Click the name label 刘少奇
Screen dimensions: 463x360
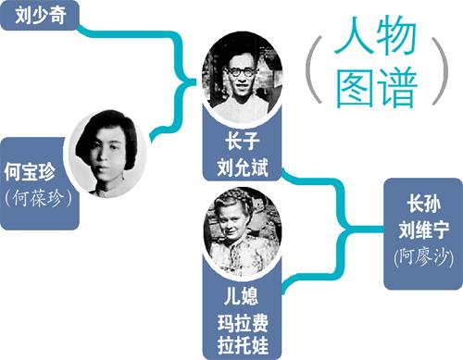41,15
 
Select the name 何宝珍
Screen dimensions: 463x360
30,171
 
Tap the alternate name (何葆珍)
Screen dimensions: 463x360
39,197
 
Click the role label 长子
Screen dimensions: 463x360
243,142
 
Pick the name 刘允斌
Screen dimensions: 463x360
243,168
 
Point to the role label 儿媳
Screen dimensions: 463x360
241,295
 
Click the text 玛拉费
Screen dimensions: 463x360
243,323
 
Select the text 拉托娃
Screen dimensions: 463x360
243,345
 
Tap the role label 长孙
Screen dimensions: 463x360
423,204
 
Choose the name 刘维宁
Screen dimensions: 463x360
423,230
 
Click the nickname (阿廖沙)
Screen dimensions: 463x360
423,257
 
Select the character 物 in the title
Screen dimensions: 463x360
395,35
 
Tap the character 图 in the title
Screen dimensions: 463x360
355,87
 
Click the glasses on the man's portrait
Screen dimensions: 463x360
242,72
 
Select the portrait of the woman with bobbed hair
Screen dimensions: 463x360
106,154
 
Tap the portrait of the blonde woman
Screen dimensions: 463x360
243,231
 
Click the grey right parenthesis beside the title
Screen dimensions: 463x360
441,70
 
